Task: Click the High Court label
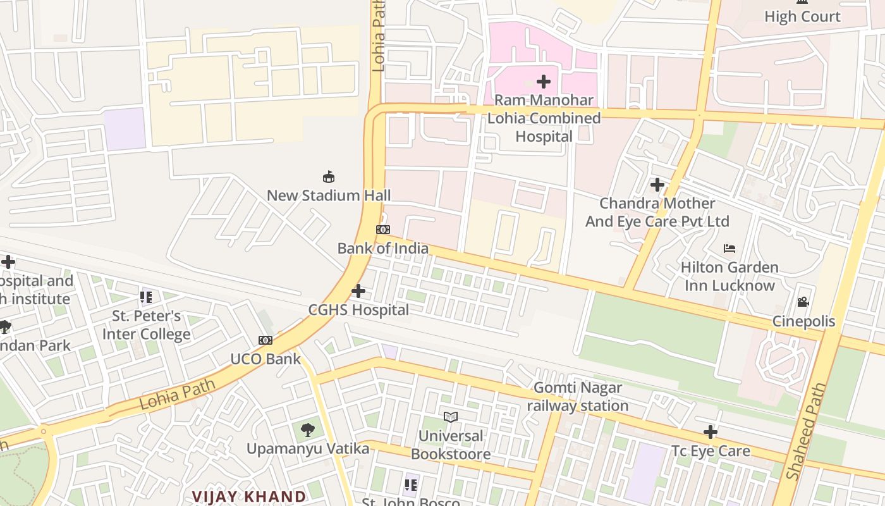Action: click(802, 16)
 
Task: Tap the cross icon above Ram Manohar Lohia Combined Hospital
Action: click(543, 82)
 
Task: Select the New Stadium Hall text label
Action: click(328, 195)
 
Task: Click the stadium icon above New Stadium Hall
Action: click(328, 176)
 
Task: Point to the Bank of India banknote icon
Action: click(383, 230)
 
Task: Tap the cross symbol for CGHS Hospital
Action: click(358, 291)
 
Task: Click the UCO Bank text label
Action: click(265, 359)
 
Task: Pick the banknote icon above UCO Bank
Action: click(265, 340)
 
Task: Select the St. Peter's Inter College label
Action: click(147, 325)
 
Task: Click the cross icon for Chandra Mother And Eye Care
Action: click(657, 185)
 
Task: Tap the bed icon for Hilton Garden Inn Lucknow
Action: click(729, 249)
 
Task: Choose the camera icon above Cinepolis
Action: click(803, 302)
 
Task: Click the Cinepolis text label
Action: click(803, 321)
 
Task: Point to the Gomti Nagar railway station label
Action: click(578, 397)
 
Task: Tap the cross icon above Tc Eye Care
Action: click(711, 432)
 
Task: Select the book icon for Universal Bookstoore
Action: click(450, 417)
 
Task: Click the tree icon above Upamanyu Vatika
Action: click(308, 430)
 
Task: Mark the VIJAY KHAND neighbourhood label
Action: click(249, 496)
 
